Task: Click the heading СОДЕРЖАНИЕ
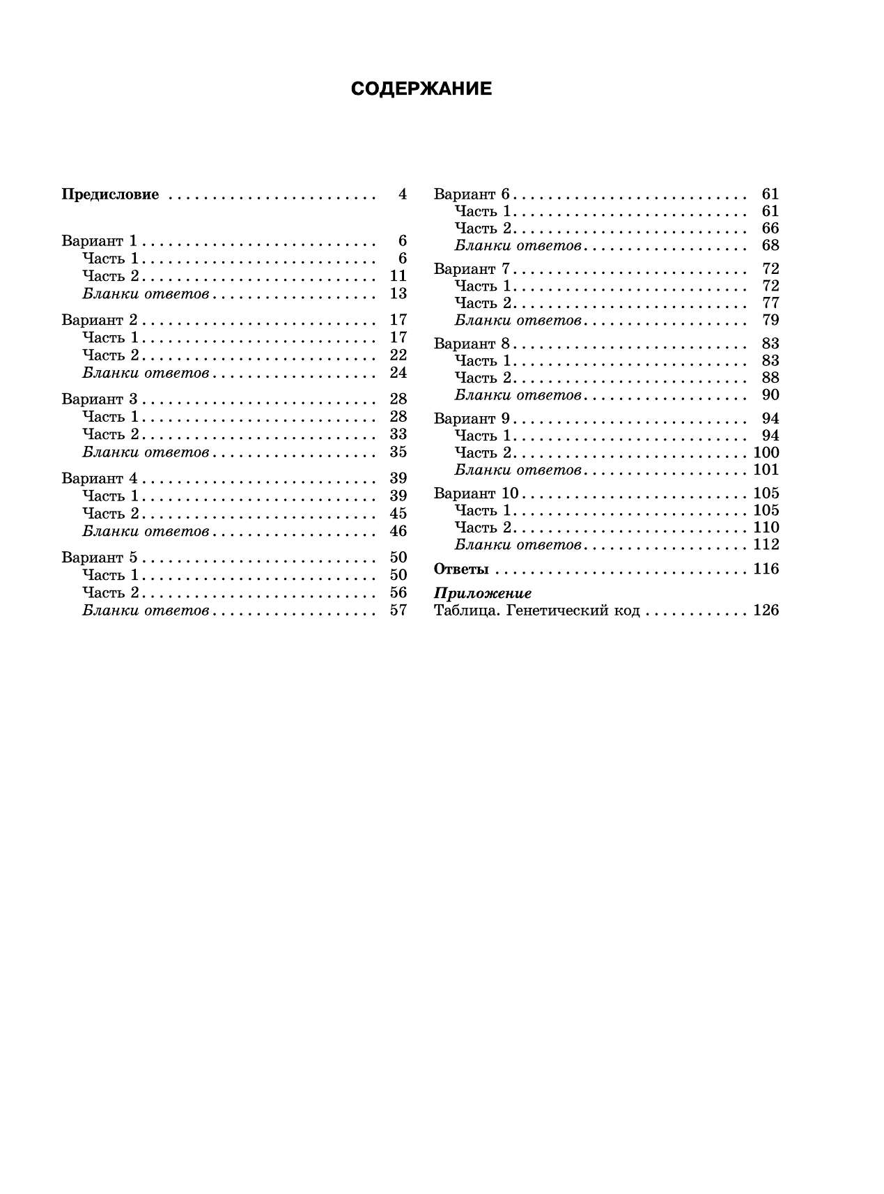[421, 89]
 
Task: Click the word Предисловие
[110, 194]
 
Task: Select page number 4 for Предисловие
[402, 194]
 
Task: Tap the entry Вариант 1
[100, 241]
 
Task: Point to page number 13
[398, 293]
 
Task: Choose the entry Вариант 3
[100, 399]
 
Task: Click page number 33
[398, 434]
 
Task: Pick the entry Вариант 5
[100, 558]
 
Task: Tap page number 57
[398, 611]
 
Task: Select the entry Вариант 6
[472, 194]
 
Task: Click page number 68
[770, 245]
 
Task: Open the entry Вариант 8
[472, 344]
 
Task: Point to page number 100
[766, 453]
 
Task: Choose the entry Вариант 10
[476, 493]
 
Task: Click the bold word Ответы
[461, 569]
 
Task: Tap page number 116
[766, 569]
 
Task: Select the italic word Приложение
[483, 594]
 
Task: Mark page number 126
[766, 611]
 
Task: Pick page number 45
[398, 514]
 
